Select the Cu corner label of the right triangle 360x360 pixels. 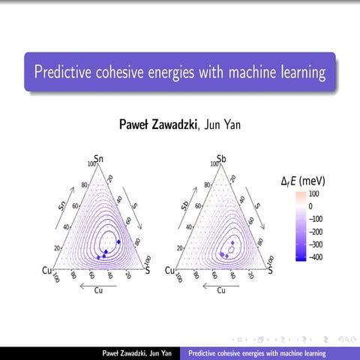coord(169,269)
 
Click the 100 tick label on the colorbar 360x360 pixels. coord(313,193)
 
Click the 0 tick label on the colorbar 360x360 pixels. coord(310,205)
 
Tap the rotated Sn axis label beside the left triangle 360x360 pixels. coord(64,205)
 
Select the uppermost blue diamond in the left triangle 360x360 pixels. coord(118,241)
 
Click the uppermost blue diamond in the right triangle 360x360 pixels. coord(232,244)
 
